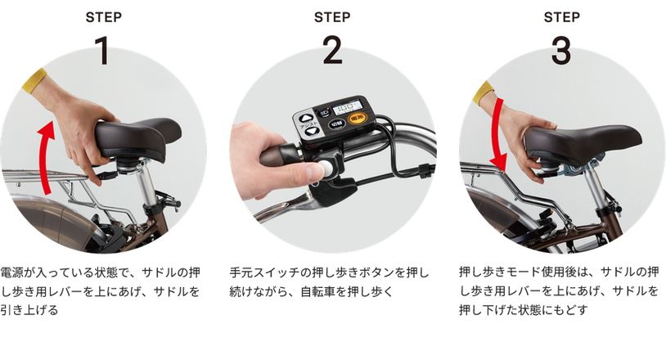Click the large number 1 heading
point(102,50)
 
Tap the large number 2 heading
point(332,50)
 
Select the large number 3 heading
point(561,50)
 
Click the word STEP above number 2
point(332,17)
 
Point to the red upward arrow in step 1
point(45,157)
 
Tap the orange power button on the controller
point(357,118)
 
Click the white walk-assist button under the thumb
point(326,168)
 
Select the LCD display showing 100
point(348,106)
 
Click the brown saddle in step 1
point(137,137)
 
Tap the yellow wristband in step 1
point(35,80)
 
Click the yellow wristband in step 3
point(484,92)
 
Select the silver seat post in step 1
point(147,186)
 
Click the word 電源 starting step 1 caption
point(12,272)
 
